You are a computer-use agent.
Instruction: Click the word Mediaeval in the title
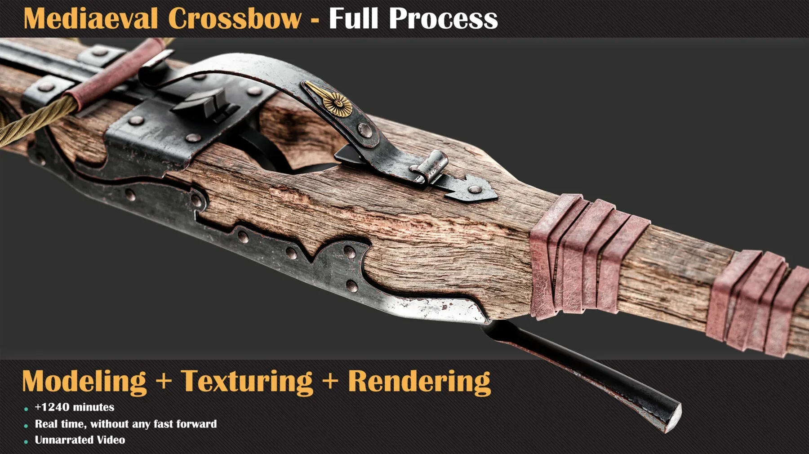90,19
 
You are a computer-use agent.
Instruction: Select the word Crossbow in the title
234,19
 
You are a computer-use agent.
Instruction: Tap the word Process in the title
443,19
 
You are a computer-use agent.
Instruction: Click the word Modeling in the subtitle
84,382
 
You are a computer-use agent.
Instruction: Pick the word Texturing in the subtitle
247,382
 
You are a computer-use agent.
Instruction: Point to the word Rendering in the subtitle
419,382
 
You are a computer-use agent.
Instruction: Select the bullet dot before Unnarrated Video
26,442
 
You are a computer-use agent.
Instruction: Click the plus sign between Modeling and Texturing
164,381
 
